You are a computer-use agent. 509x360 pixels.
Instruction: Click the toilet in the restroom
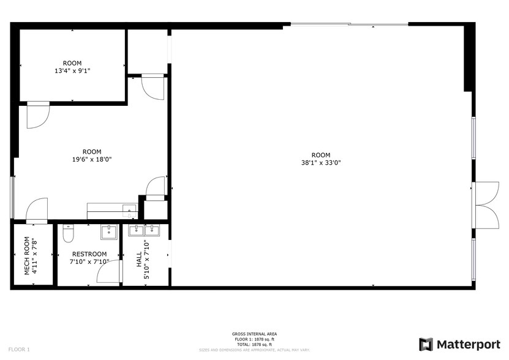click(x=68, y=234)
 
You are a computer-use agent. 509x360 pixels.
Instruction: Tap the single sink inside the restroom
click(x=108, y=231)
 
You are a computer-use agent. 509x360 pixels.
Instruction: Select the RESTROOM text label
click(x=89, y=254)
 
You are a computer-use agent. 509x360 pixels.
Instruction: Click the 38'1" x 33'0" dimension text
click(x=321, y=163)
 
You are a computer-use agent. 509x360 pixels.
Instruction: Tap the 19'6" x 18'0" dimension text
click(x=92, y=159)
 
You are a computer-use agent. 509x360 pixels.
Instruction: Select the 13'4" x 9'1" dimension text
click(x=72, y=70)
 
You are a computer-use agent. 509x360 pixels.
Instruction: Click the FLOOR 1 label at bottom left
click(x=20, y=349)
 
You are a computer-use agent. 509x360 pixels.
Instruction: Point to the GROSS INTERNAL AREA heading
click(x=254, y=334)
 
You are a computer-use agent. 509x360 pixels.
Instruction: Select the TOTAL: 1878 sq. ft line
click(x=254, y=345)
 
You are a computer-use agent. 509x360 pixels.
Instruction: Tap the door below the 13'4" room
click(x=37, y=114)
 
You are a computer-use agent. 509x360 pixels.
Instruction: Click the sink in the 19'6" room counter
click(x=129, y=209)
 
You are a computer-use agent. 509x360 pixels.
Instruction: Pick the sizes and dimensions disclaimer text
click(x=254, y=350)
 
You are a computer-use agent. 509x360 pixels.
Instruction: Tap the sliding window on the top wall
click(x=349, y=24)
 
